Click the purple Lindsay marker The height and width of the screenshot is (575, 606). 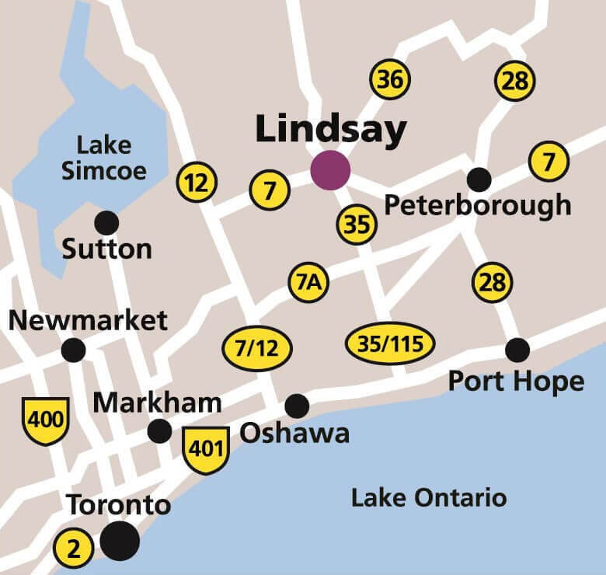(330, 169)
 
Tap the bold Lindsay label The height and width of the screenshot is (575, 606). (330, 130)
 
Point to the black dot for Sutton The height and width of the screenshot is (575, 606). (106, 223)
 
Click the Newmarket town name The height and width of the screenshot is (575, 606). (87, 320)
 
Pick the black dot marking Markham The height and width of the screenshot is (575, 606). (160, 430)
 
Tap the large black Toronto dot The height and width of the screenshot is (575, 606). (120, 540)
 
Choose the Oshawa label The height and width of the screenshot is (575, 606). (294, 433)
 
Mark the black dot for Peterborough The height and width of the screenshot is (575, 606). (479, 179)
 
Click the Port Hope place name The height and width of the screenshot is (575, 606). (516, 382)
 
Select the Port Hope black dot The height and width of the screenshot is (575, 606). (517, 350)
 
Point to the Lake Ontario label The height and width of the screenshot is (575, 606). (429, 497)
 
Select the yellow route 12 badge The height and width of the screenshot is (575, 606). (197, 183)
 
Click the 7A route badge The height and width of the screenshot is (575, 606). (308, 284)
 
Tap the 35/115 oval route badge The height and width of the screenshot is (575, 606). (390, 343)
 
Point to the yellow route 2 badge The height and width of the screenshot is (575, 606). (74, 549)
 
